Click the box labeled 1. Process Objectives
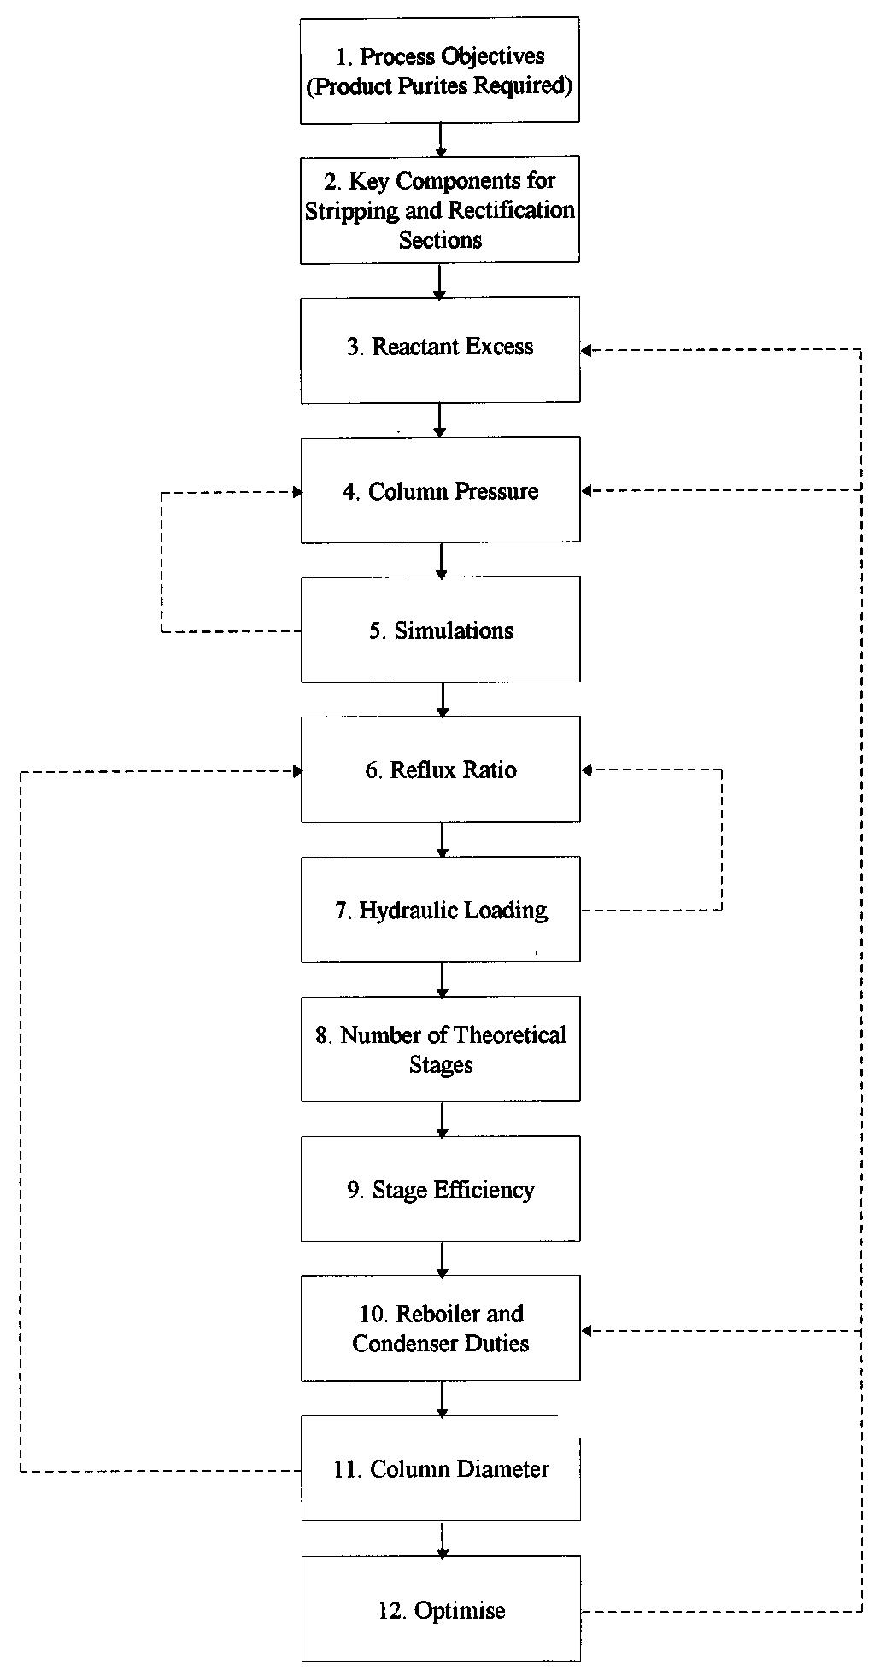pyautogui.click(x=440, y=70)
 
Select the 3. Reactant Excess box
pyautogui.click(x=440, y=349)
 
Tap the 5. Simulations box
pyautogui.click(x=440, y=630)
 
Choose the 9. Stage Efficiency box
pyautogui.click(x=440, y=1188)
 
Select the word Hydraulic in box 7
pyautogui.click(x=398, y=910)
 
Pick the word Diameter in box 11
pyautogui.click(x=503, y=1469)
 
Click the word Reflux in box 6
pyautogui.click(x=419, y=770)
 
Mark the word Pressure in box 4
pyautogui.click(x=496, y=491)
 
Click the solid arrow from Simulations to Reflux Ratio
pyautogui.click(x=442, y=699)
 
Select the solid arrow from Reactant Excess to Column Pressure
pyautogui.click(x=440, y=419)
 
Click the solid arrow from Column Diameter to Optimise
pyautogui.click(x=442, y=1538)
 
